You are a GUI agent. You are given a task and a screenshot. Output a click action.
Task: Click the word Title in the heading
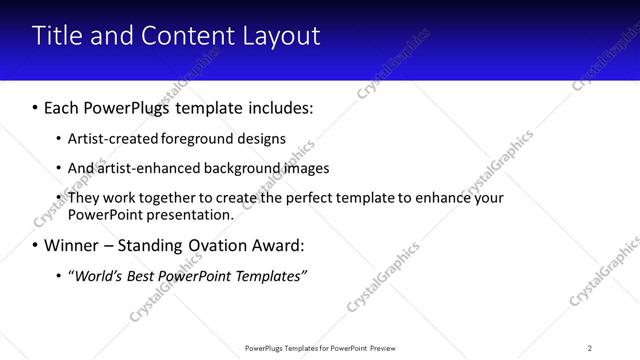coord(57,36)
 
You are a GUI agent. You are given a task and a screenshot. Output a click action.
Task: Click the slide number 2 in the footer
coord(589,347)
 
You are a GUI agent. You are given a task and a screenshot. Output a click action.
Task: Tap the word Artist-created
coord(109,139)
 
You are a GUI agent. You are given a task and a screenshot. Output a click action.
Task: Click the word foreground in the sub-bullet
coord(189,139)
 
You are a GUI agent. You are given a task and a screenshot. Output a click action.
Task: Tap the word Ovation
coord(216,244)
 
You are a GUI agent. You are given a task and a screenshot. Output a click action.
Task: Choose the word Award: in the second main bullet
coord(279,244)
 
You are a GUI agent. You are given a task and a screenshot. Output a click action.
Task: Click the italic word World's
coord(97,275)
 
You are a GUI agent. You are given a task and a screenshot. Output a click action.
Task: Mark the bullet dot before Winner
coord(36,245)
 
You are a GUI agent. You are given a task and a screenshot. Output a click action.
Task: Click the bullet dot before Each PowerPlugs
coord(36,107)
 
